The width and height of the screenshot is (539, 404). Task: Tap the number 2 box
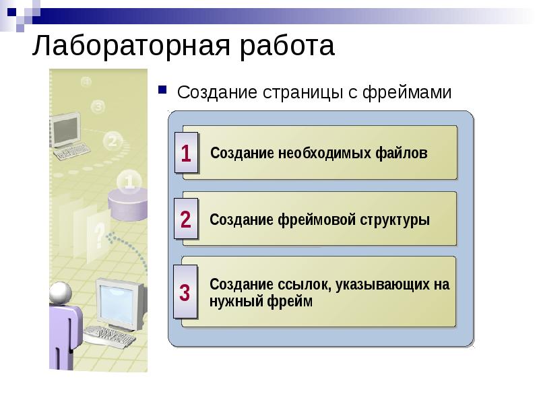[186, 220]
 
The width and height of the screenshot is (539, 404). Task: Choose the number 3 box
[186, 294]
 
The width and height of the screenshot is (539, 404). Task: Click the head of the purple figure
[61, 292]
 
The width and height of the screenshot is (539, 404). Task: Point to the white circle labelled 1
[129, 181]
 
